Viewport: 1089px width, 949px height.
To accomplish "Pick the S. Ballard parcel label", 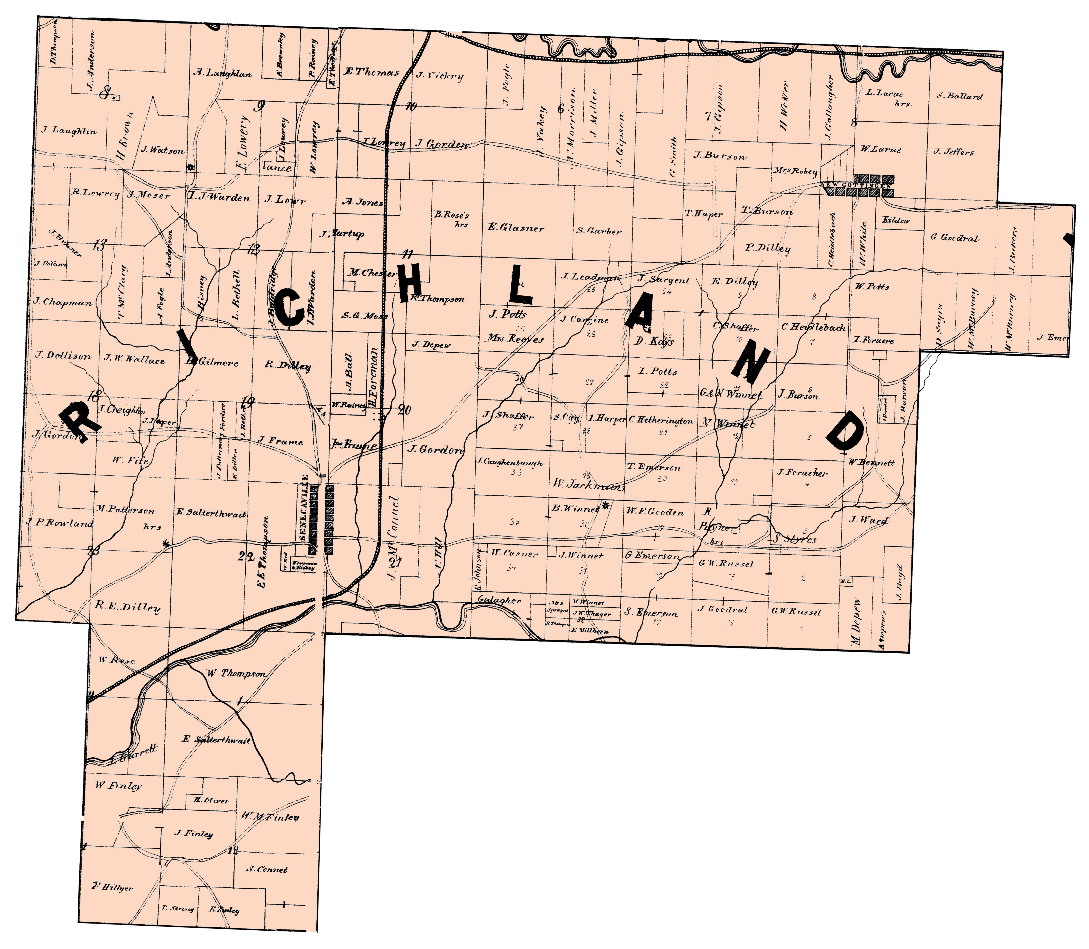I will point(959,96).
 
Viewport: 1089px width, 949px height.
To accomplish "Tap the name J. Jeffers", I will point(953,152).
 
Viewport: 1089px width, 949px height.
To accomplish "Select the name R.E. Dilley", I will point(128,607).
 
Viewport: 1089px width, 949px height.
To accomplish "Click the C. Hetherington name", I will point(661,421).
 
